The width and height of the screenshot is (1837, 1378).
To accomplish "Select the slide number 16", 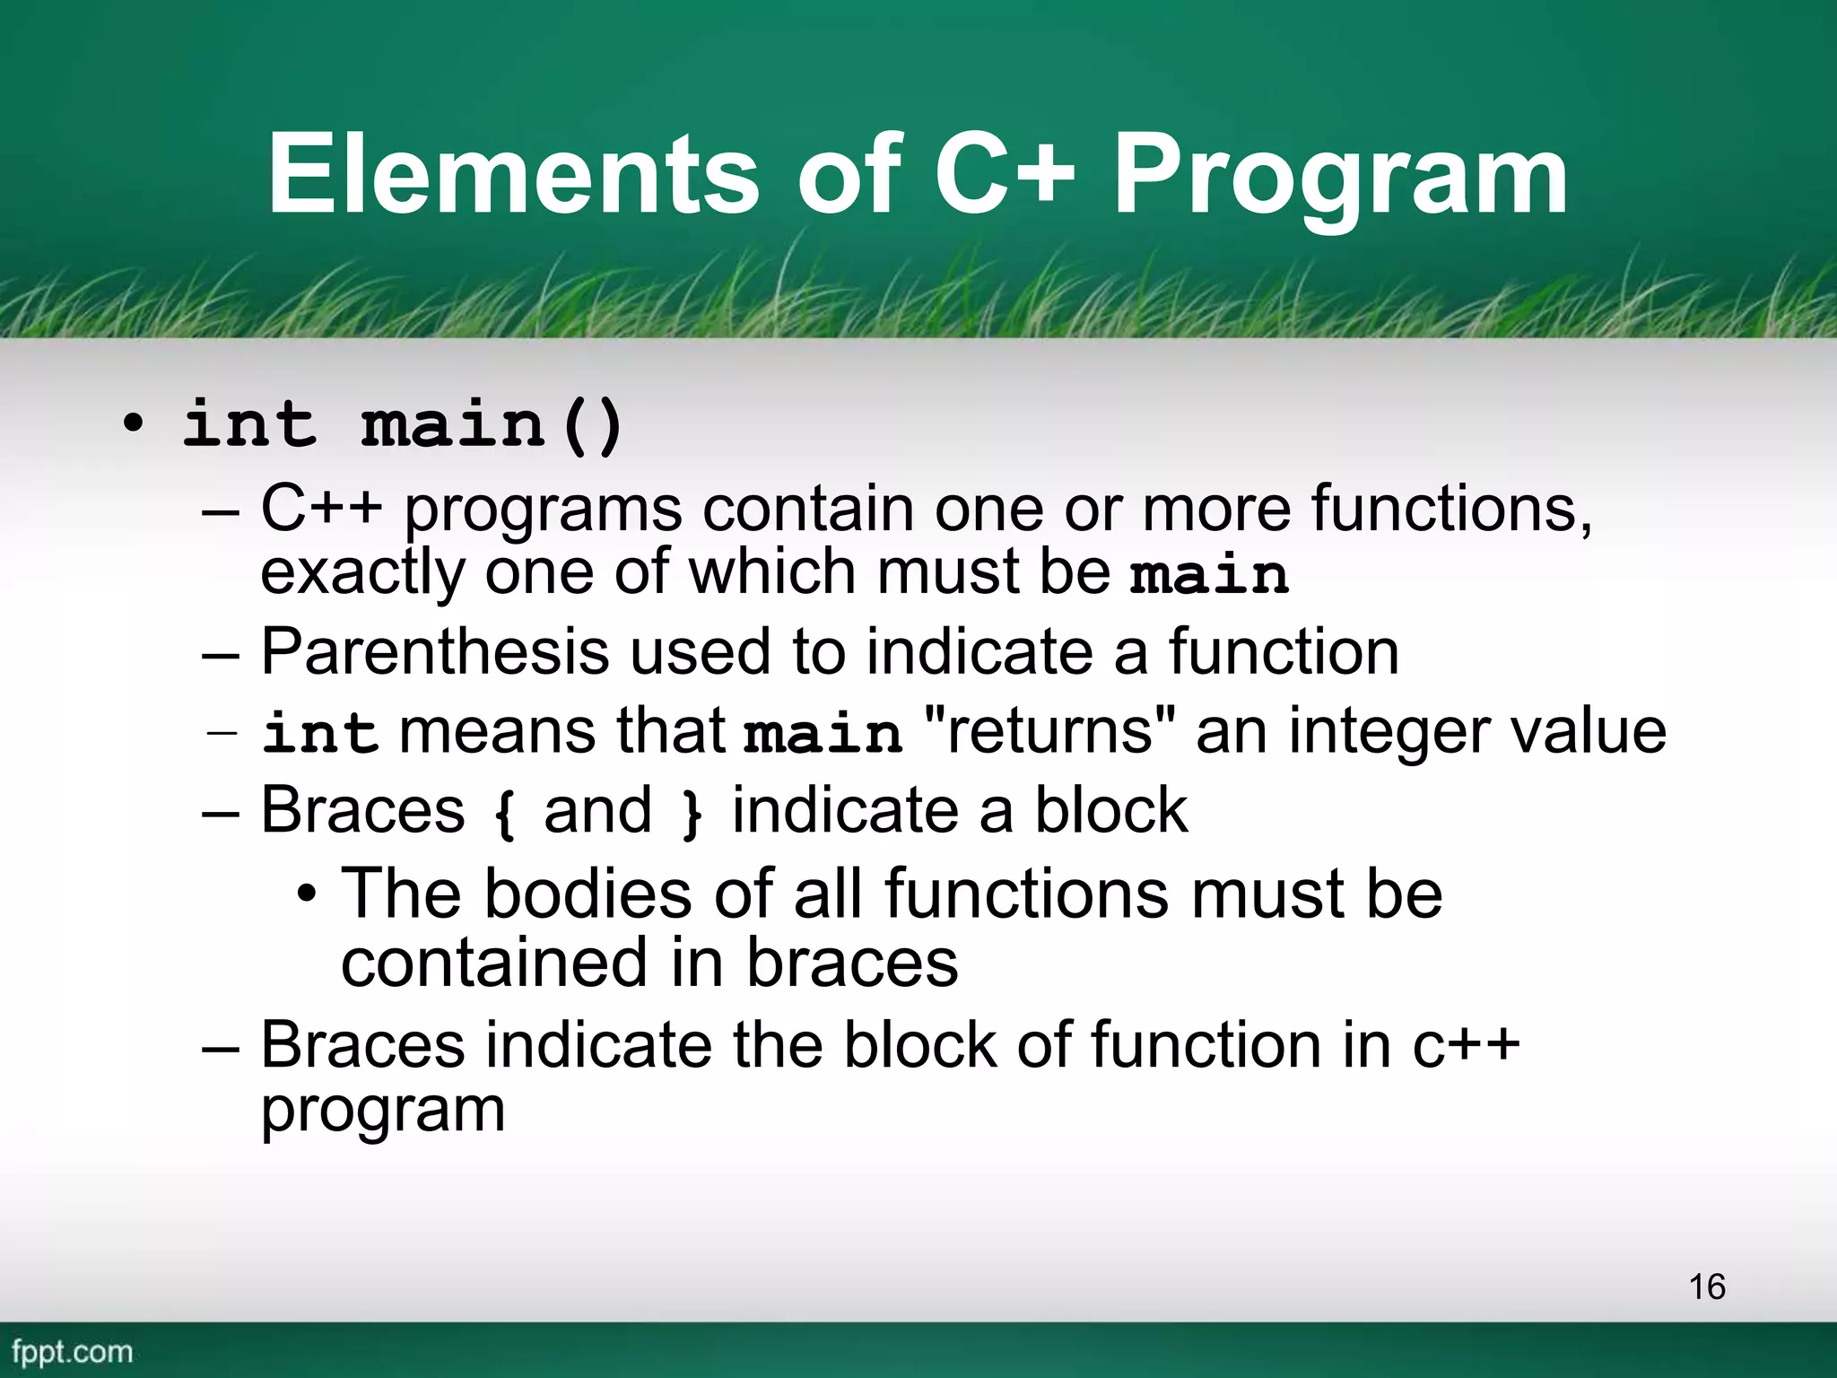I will tap(1707, 1286).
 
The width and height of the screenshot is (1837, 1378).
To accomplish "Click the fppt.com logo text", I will tap(72, 1351).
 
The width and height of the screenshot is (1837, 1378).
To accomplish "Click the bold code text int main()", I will tap(403, 423).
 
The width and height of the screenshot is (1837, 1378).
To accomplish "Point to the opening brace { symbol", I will tap(504, 813).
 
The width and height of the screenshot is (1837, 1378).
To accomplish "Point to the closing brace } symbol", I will tap(691, 813).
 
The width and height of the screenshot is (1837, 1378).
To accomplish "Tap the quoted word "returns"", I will tap(1049, 730).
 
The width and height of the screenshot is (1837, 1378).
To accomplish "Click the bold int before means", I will tap(319, 733).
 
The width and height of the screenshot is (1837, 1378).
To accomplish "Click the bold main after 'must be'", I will tap(1209, 575).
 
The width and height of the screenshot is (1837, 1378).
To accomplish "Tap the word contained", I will tap(494, 963).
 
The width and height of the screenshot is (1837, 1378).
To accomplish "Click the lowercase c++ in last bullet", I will tap(1466, 1045).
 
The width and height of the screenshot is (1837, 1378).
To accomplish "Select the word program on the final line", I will tap(383, 1111).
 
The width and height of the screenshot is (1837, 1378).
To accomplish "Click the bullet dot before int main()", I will tap(133, 424).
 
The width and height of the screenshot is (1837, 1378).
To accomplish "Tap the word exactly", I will tap(362, 573).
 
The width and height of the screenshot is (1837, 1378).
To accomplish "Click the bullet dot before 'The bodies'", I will tap(307, 894).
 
